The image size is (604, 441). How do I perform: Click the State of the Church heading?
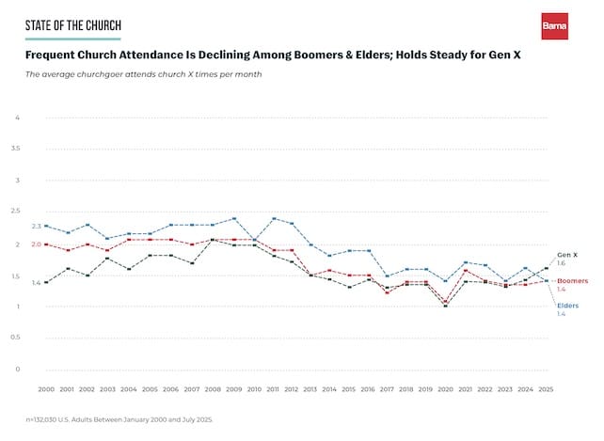tap(73, 25)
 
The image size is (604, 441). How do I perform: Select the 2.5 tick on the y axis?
tap(16, 212)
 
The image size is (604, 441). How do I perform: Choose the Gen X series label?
tap(567, 255)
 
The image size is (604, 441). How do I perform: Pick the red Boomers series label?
tap(573, 281)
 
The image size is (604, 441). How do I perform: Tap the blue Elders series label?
tap(568, 306)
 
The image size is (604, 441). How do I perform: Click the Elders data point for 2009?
tap(234, 218)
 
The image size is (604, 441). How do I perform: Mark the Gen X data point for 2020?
tap(446, 306)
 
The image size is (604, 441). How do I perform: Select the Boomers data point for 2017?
tap(387, 292)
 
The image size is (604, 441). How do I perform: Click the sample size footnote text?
tap(119, 418)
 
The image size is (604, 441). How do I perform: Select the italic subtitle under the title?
tap(143, 73)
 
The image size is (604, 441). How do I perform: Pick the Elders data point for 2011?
tap(274, 218)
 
